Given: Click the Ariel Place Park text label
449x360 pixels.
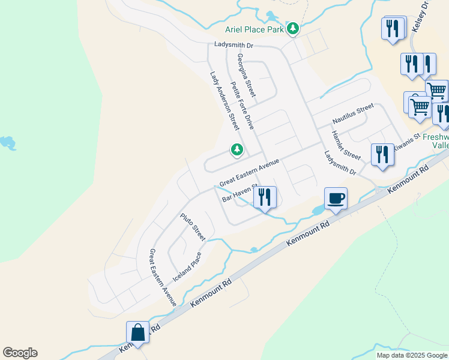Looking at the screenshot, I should click(255, 29).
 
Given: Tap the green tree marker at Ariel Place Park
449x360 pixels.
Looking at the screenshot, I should click(293, 28).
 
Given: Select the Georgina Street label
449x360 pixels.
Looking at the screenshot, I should click(246, 75).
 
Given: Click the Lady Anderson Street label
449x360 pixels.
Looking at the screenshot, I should click(224, 101).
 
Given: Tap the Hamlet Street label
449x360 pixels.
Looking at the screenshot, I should click(346, 146).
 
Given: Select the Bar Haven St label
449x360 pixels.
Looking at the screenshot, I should click(239, 193).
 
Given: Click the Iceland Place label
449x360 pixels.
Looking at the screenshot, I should click(187, 267).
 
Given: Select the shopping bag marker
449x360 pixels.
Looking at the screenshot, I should click(137, 332).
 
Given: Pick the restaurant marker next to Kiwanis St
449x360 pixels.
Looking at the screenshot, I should click(382, 154).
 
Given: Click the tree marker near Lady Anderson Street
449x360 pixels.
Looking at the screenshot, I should click(237, 149).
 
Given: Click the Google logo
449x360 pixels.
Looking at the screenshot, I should click(20, 353).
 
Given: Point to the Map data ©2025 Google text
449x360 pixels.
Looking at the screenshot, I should click(412, 355).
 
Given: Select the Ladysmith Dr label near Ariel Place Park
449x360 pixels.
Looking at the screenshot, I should click(235, 45).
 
